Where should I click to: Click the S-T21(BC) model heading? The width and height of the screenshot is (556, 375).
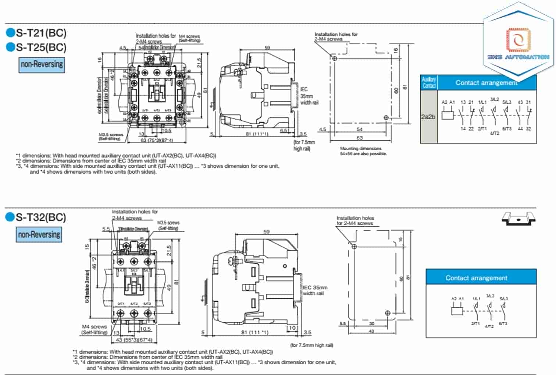pos(41,33)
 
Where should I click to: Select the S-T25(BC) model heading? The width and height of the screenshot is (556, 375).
pos(41,47)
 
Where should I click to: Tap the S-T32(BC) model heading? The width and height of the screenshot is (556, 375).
pos(40,217)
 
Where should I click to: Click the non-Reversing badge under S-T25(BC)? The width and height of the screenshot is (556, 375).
pos(42,65)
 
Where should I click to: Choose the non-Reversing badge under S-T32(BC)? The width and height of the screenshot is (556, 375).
pos(39,235)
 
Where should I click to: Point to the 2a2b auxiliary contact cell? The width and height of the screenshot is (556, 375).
pos(428,117)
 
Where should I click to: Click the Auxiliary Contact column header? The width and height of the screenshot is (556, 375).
pos(429,82)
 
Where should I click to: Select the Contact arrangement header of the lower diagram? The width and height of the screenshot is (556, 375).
pos(477,278)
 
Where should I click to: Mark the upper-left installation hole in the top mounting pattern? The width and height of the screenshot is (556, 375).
pos(334,58)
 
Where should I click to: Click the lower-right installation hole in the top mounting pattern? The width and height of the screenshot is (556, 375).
pos(386,117)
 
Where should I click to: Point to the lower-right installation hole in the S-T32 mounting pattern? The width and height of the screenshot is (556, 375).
pos(388,313)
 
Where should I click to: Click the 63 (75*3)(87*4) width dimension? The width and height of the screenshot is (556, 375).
pos(157,140)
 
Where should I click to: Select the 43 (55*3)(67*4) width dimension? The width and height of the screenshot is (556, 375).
pos(134,339)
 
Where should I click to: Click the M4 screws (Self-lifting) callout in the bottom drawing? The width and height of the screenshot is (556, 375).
pos(94,329)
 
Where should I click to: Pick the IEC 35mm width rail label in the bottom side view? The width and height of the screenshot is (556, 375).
pos(315,290)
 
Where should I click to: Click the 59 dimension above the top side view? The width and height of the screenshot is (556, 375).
pos(267,47)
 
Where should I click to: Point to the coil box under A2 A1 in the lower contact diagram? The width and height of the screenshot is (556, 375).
pos(457,310)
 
